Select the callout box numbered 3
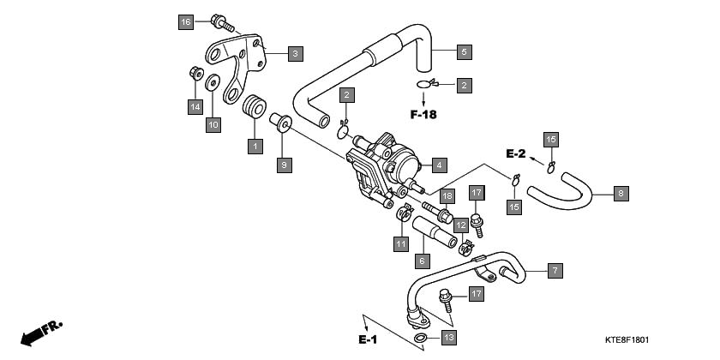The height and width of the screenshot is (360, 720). tap(294, 53)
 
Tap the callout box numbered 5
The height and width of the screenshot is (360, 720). tap(462, 52)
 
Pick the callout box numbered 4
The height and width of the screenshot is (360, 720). tap(437, 165)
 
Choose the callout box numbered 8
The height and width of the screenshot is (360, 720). tap(621, 194)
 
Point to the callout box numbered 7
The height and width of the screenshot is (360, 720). tap(555, 271)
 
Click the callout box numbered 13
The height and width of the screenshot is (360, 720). tap(448, 338)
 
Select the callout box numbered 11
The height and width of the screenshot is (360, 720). tap(400, 244)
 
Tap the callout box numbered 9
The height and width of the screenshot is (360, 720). tap(284, 163)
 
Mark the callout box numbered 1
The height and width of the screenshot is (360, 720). tap(254, 147)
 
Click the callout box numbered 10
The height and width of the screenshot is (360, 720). tap(213, 125)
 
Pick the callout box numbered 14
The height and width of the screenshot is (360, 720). tap(195, 106)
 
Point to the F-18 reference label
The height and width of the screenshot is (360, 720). tap(423, 115)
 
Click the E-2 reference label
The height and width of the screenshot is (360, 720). tap(515, 154)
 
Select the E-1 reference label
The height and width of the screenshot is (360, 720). tap(368, 340)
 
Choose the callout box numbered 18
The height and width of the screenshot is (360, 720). tap(447, 196)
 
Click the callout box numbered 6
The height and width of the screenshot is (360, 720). tap(422, 260)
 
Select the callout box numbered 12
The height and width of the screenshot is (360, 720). tap(460, 225)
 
